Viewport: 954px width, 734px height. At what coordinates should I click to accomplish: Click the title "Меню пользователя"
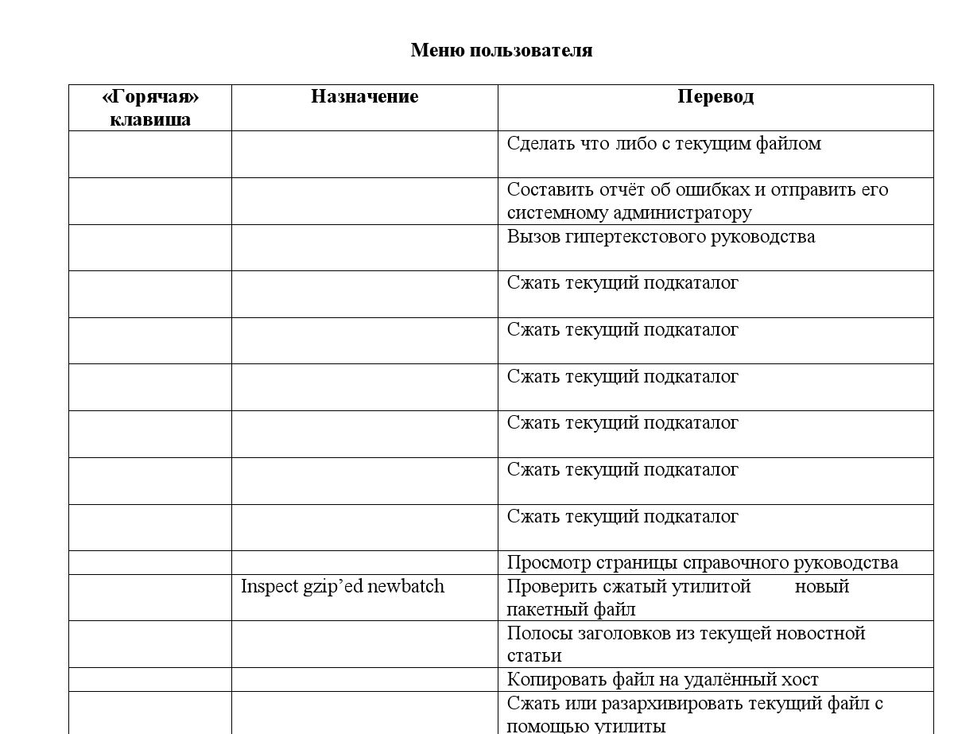coord(501,50)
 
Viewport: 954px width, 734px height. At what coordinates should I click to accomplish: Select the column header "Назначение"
coord(364,96)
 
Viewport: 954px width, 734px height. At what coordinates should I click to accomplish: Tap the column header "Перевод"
coord(715,96)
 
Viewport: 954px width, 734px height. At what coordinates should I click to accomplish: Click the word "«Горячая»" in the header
coord(150,96)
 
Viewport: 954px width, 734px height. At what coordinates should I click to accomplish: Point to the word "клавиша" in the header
coord(150,119)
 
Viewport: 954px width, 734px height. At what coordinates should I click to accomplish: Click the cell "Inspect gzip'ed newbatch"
coord(342,587)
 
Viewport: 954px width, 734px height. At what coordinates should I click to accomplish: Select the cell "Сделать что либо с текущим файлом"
coord(664,144)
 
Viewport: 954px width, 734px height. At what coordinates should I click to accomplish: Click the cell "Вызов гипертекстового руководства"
coord(661,237)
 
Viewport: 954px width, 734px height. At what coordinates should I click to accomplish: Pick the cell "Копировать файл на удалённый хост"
coord(662,679)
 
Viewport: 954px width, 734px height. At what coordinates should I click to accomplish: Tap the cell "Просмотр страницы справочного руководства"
coord(703,563)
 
